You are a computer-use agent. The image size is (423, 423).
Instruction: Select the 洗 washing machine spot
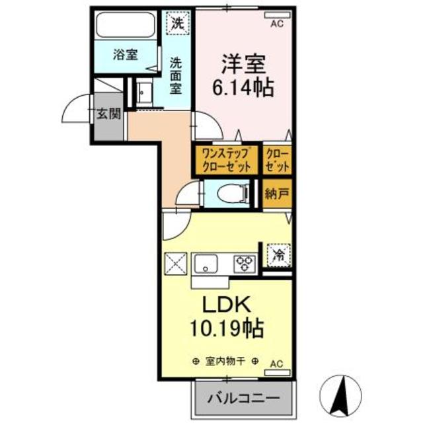click(x=176, y=24)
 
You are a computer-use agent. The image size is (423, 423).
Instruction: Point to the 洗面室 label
click(x=176, y=76)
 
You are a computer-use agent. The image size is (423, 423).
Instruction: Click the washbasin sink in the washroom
click(x=145, y=92)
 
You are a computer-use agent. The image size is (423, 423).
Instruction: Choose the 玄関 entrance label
click(x=109, y=114)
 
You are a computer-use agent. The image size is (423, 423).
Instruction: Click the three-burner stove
click(x=245, y=264)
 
